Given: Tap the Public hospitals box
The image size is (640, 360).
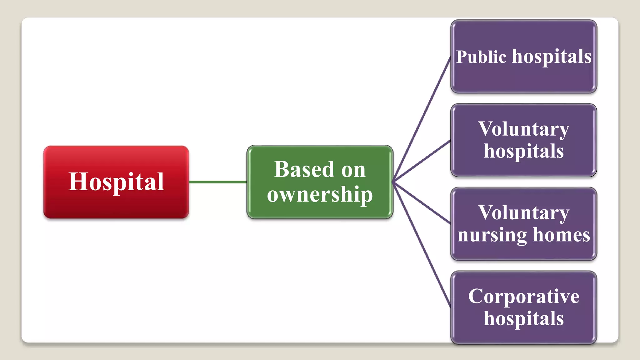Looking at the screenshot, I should pyautogui.click(x=523, y=78).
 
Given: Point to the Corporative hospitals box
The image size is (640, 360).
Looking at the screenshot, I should pyautogui.click(x=523, y=334).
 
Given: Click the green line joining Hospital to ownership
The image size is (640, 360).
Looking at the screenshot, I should pyautogui.click(x=217, y=182).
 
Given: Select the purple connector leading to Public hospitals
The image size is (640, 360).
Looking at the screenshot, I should pyautogui.click(x=422, y=119).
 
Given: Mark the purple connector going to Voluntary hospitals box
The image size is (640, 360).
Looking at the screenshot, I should pyautogui.click(x=422, y=161).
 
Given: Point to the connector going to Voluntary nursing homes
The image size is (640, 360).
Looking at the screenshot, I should pyautogui.click(x=422, y=203).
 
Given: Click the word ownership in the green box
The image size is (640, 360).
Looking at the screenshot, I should pyautogui.click(x=320, y=194).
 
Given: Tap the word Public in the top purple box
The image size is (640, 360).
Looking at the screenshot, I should pyautogui.click(x=481, y=57).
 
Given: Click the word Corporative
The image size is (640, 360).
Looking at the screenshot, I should pyautogui.click(x=523, y=296).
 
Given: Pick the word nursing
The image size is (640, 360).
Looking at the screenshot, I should pyautogui.click(x=492, y=235).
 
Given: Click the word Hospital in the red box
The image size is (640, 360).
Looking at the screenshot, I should pyautogui.click(x=116, y=182).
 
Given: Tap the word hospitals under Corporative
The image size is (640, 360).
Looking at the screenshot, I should pyautogui.click(x=524, y=318).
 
